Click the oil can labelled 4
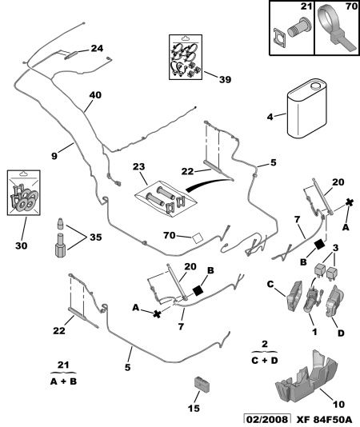(x=307, y=109)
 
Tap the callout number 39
(x=225, y=79)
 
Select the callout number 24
(x=97, y=49)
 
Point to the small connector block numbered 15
(x=202, y=385)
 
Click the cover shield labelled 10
(x=307, y=375)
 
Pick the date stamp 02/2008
(x=266, y=420)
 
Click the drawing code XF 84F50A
(x=324, y=420)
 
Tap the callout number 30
(x=22, y=245)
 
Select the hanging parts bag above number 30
(x=24, y=193)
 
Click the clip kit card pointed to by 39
(x=186, y=57)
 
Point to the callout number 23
(x=138, y=166)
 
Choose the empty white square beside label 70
(x=197, y=237)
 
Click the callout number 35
(x=96, y=237)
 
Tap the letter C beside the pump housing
(x=270, y=285)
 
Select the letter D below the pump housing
(x=341, y=333)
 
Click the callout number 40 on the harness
(x=95, y=95)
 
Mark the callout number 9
(x=54, y=156)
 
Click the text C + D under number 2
(x=265, y=361)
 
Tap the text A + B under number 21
(x=63, y=381)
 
